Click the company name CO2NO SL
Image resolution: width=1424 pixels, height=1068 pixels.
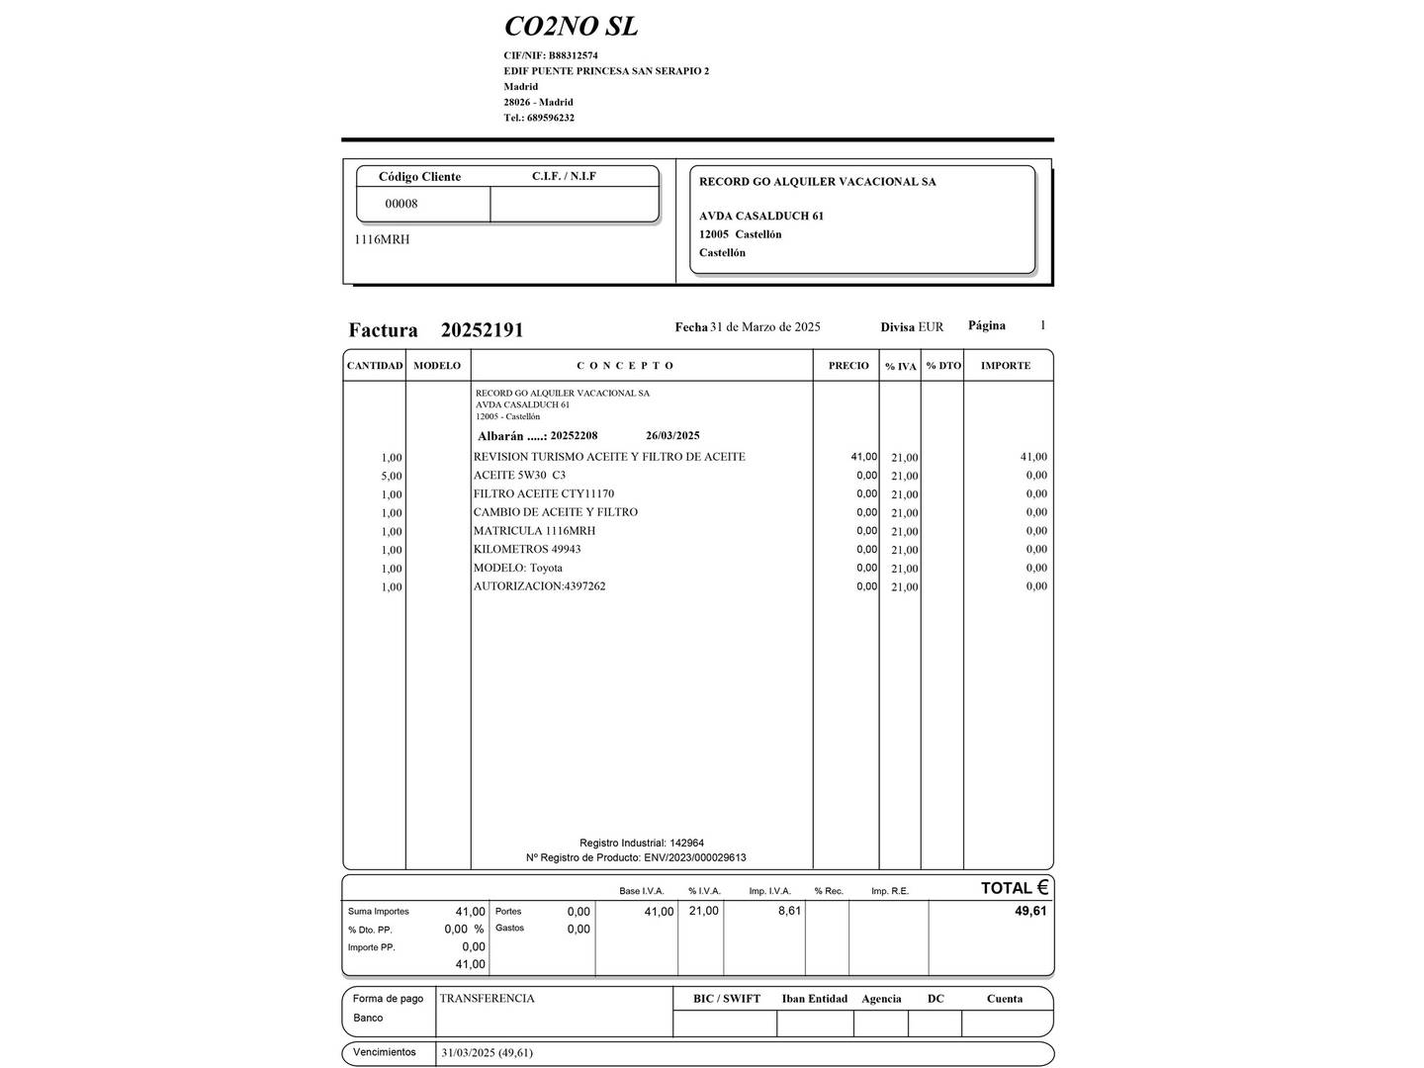click(571, 26)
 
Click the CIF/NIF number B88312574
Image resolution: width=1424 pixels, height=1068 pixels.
click(573, 55)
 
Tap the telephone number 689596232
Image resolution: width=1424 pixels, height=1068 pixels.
click(551, 118)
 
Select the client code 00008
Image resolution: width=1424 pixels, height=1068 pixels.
click(401, 204)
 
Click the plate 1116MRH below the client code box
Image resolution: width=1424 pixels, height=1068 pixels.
click(382, 239)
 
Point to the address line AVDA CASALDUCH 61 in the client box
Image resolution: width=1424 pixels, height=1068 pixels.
click(760, 216)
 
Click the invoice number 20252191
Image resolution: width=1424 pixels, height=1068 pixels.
click(482, 330)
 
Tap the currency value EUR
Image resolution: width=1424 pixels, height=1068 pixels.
click(931, 327)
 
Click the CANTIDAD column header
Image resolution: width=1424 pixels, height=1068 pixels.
click(375, 366)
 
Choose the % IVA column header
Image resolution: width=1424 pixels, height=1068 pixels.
click(901, 367)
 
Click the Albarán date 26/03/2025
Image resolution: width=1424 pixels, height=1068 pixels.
click(672, 436)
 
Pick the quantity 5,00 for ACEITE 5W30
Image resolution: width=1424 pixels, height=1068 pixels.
click(392, 477)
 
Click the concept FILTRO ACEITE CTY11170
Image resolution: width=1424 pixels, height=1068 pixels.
click(543, 493)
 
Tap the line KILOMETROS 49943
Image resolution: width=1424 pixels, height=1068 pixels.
click(527, 549)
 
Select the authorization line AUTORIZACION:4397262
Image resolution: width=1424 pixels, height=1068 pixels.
click(539, 586)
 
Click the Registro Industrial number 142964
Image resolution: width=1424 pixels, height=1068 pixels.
click(686, 844)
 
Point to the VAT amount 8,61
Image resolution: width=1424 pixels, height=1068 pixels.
click(789, 911)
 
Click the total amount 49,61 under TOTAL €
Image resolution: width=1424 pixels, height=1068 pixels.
click(1029, 911)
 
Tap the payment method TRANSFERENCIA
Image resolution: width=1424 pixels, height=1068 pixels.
click(487, 999)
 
